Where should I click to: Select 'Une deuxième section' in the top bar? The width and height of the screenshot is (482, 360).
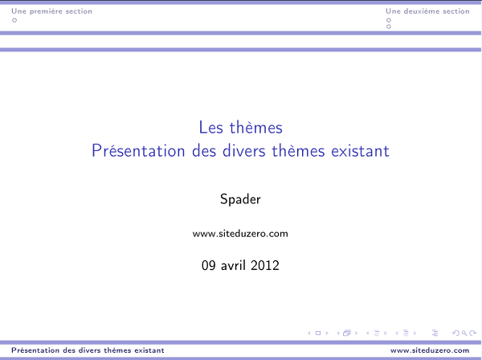(x=427, y=11)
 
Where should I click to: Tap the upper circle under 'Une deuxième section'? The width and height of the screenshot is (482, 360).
(x=389, y=20)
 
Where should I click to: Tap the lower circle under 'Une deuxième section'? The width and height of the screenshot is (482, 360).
(x=389, y=27)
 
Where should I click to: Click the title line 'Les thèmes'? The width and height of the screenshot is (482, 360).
(x=240, y=127)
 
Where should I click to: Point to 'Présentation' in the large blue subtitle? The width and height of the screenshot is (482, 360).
(x=130, y=150)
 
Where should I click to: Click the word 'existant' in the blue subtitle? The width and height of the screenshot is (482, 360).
(x=360, y=150)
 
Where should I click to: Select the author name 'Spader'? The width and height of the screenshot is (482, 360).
(x=240, y=199)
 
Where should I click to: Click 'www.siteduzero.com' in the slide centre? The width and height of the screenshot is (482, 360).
(x=240, y=234)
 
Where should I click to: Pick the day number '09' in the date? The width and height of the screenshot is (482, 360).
(x=210, y=264)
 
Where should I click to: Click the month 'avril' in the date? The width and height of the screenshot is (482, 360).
(x=235, y=264)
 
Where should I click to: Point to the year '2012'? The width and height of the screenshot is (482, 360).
(x=266, y=264)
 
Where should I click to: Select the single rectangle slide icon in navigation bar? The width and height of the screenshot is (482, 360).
(x=318, y=332)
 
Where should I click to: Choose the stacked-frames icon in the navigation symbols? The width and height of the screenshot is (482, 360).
(x=348, y=332)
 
